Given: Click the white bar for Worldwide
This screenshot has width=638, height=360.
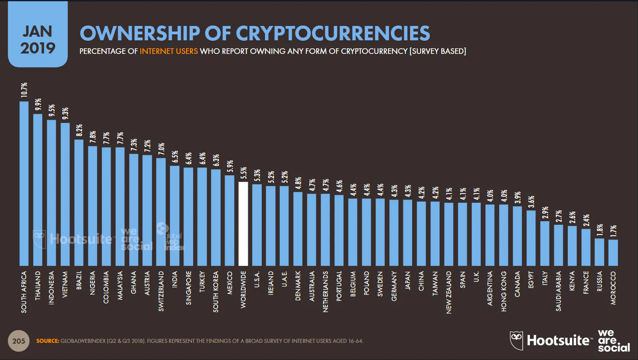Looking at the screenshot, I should click(x=243, y=224).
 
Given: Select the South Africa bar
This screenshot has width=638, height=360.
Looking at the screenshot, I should click(x=24, y=184).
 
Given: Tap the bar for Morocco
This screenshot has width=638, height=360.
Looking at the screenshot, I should click(x=613, y=253).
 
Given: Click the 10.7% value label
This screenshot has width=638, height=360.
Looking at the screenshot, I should click(x=24, y=90).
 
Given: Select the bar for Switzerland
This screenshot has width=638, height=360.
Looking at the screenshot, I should click(x=161, y=212).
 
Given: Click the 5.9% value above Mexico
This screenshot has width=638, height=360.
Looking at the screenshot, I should click(x=230, y=166).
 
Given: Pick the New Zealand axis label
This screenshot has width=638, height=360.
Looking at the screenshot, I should click(x=449, y=292).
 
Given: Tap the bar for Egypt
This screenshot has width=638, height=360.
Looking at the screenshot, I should click(x=531, y=238).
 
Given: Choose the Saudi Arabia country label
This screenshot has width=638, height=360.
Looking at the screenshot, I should click(x=559, y=291).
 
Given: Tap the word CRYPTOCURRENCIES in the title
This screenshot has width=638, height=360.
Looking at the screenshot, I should click(x=333, y=33).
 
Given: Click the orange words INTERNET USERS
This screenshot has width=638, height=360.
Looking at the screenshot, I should click(x=168, y=51).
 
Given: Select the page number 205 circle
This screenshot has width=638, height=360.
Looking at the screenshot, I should click(x=18, y=341).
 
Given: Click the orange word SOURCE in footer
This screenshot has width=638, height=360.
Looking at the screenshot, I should click(x=47, y=341).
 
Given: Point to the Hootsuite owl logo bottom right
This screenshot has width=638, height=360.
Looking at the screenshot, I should click(x=516, y=340).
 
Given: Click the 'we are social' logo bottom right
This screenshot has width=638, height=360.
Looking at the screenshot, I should click(x=613, y=341).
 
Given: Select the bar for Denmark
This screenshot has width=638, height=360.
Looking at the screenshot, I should click(x=298, y=229).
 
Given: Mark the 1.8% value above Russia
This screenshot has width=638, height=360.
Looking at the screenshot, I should click(x=600, y=230).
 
